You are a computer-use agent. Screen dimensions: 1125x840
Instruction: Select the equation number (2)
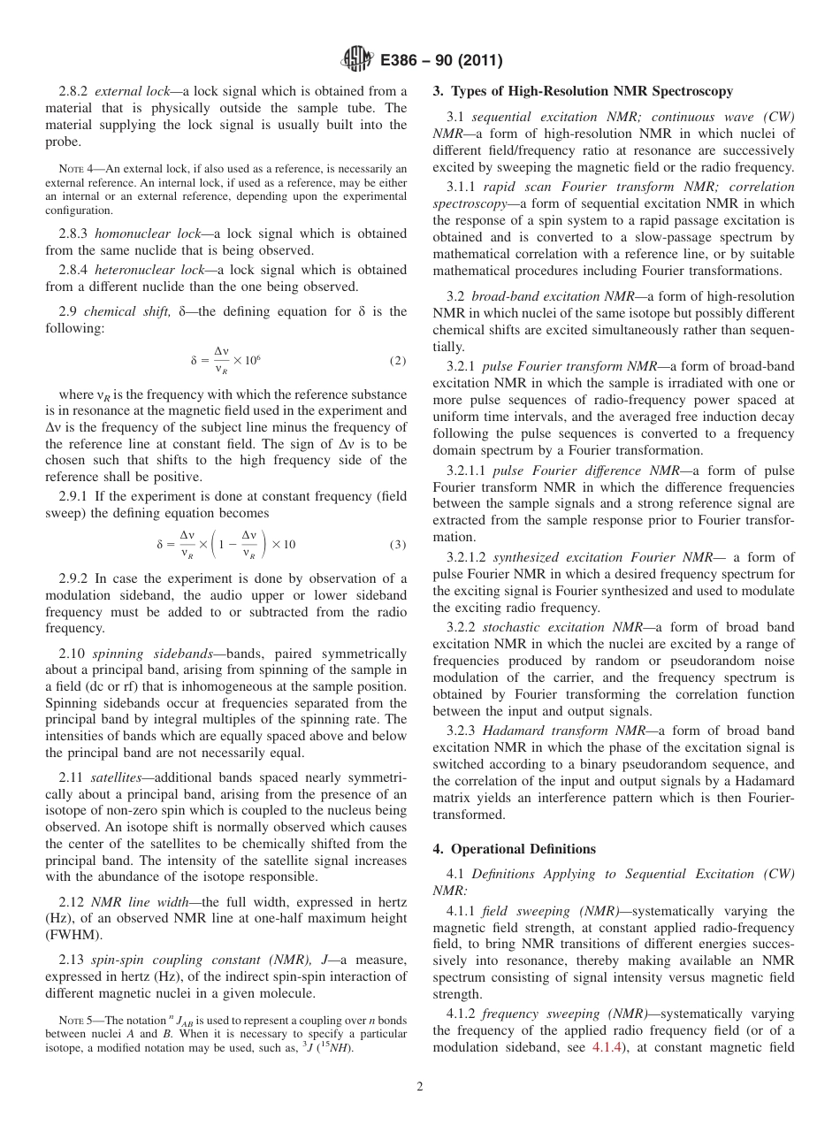click(397, 361)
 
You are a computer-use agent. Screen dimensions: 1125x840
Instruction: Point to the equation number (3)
click(397, 544)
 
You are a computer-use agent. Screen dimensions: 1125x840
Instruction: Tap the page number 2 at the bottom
click(420, 1087)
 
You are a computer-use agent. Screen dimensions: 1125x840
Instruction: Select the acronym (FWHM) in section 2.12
click(74, 935)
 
